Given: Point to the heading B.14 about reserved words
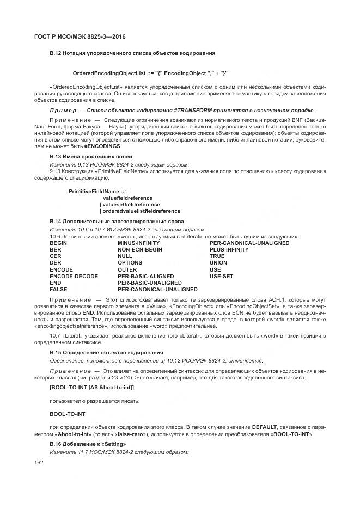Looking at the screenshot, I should click(x=117, y=222).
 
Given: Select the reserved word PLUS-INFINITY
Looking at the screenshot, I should click(x=229, y=249).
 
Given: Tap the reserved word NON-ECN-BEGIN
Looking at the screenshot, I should click(x=140, y=249).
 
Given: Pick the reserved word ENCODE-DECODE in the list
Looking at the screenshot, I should click(x=74, y=276).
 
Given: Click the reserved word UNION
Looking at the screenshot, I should click(x=218, y=263).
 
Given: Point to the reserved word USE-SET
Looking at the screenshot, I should click(x=221, y=276).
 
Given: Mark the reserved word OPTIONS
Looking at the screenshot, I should click(x=130, y=263).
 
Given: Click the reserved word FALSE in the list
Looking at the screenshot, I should click(x=59, y=290).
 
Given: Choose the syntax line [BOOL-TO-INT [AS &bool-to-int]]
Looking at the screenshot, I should click(x=91, y=387).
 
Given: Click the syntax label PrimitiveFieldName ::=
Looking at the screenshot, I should click(x=98, y=191).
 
